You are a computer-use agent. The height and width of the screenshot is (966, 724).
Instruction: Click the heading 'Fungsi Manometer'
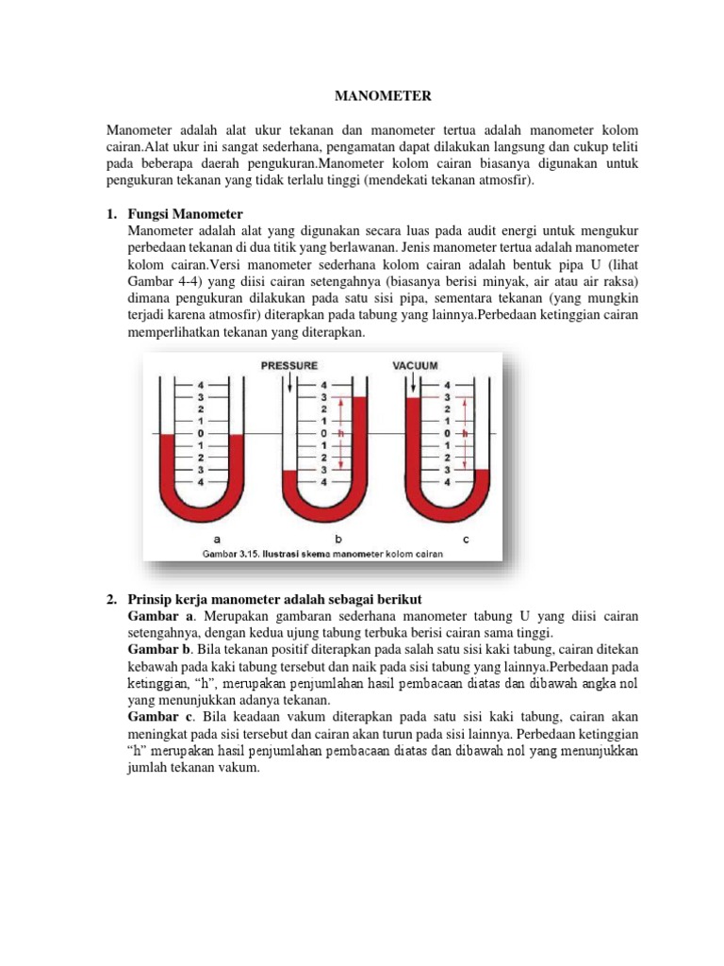click(x=185, y=214)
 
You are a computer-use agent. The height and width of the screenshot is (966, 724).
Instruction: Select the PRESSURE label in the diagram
click(x=289, y=365)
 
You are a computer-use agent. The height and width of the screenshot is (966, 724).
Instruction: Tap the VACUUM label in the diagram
click(x=415, y=365)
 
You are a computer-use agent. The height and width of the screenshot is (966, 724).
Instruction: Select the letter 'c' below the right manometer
click(x=466, y=539)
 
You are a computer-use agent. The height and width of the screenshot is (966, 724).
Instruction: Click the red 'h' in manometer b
click(x=341, y=433)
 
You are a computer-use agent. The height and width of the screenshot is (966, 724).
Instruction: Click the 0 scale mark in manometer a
click(x=201, y=433)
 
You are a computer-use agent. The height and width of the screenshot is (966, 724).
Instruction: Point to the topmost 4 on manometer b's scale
click(x=324, y=385)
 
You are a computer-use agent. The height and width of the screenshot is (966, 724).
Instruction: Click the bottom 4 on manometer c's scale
click(x=447, y=481)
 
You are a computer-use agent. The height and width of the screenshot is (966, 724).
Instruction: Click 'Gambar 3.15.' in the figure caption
click(x=228, y=554)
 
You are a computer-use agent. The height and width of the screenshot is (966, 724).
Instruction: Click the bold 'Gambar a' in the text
click(x=157, y=616)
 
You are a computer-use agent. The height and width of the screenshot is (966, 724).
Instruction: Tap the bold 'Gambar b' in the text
click(x=157, y=651)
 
